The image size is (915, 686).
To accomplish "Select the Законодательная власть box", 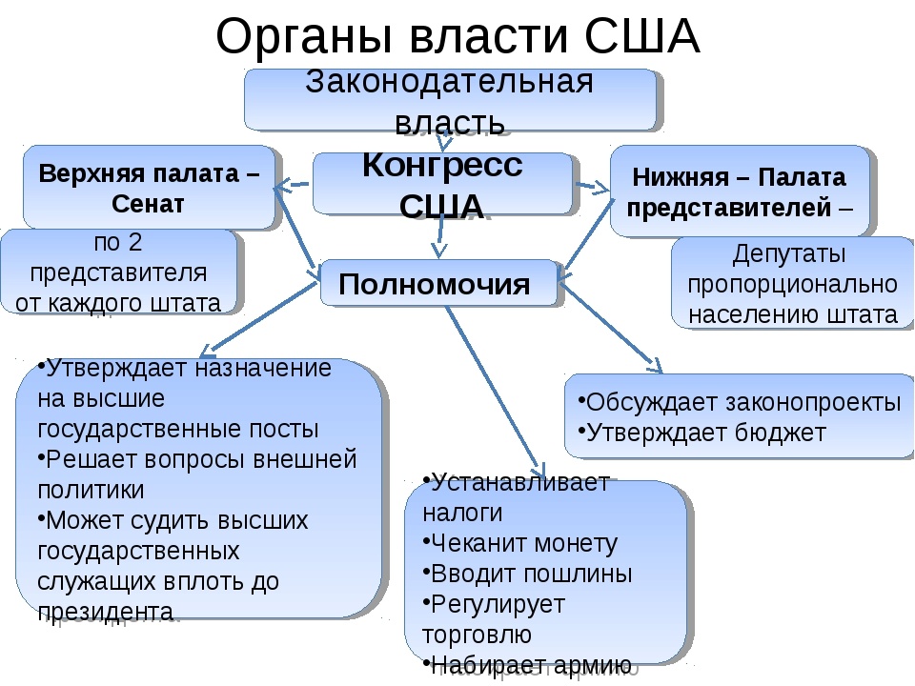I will [450, 99].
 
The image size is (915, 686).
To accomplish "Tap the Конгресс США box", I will [442, 184].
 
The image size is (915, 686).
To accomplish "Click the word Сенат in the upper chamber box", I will [148, 203].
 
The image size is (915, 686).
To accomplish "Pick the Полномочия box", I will [435, 283].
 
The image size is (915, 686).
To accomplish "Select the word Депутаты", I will [790, 254].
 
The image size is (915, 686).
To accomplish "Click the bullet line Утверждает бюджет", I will [706, 432].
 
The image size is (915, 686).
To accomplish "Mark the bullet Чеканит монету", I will [523, 543].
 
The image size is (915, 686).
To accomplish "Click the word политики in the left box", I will [91, 490].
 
